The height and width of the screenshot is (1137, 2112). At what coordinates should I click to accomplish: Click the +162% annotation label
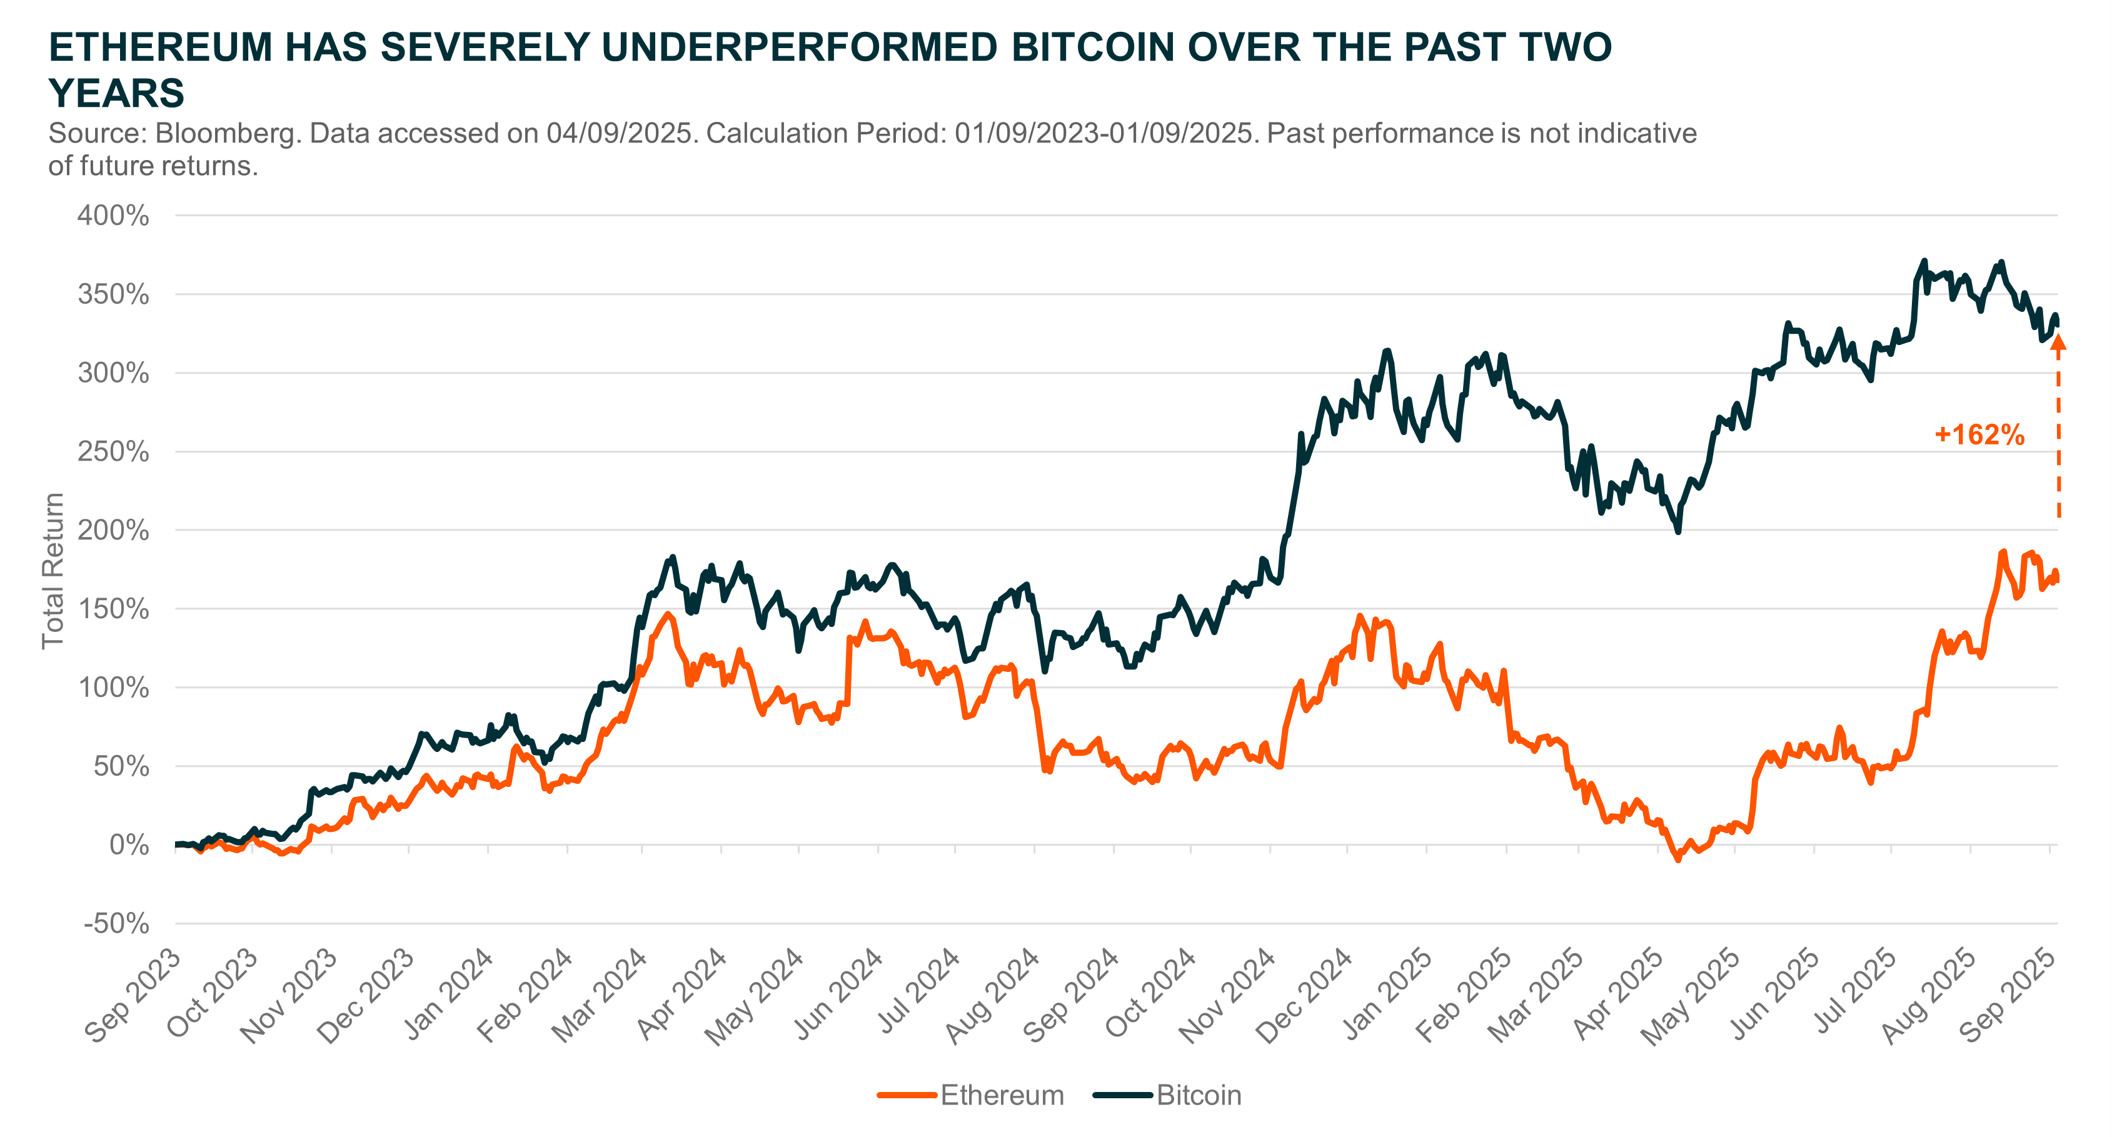tap(1979, 434)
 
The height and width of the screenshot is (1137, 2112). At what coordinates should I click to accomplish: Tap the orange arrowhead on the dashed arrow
tap(2058, 343)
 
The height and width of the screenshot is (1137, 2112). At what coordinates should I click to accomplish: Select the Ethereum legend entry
tap(971, 1095)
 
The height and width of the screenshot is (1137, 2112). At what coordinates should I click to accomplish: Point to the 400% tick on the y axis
tap(113, 216)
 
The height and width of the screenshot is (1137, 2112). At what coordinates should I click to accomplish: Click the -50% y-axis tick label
tap(116, 924)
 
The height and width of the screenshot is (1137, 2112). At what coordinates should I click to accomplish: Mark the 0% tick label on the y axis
tap(129, 845)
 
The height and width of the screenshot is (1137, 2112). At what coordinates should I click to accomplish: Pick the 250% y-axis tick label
tap(113, 452)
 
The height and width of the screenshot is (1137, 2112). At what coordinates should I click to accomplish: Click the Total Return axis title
tap(53, 571)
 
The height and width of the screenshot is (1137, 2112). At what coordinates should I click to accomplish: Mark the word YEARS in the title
tap(116, 93)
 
